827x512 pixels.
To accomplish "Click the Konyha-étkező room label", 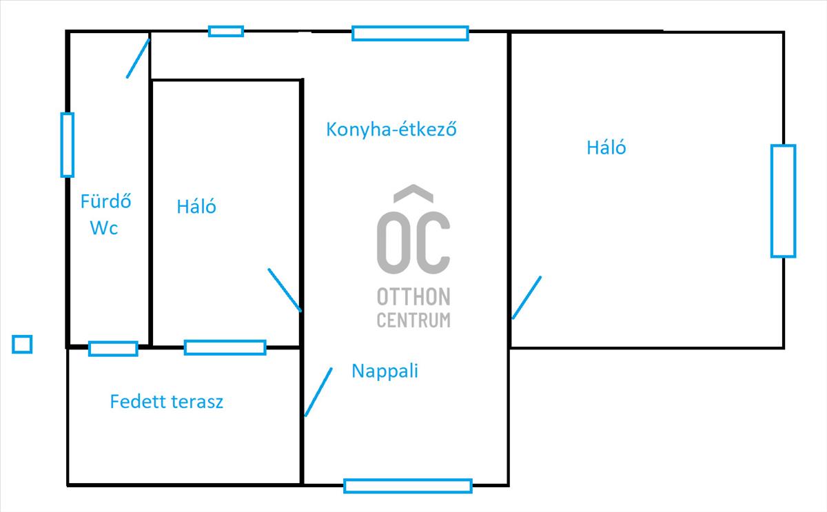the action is pos(391,130).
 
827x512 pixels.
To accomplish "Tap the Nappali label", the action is pos(385,371).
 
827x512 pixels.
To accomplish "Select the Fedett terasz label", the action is pos(167,402).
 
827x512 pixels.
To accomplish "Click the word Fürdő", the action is pos(106,201).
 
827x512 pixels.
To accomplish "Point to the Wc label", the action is pos(104,227).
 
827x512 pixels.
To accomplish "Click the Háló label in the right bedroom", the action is pos(606,147).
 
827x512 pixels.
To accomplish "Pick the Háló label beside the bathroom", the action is pos(196,206).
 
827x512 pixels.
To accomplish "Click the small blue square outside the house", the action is pos(22,344).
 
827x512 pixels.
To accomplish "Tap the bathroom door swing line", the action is pos(138,59).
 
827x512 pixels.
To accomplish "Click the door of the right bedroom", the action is pos(527,298).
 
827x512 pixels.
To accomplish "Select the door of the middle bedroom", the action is pos(285,290).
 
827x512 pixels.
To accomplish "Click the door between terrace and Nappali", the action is pos(318,392).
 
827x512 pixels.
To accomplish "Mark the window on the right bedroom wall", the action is pos(783,201).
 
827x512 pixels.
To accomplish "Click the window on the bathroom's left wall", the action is pos(68,145).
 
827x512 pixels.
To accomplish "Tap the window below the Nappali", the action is pos(408,486).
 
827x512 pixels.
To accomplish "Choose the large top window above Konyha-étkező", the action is pos(410,33).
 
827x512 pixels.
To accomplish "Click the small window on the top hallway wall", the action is pos(226,31).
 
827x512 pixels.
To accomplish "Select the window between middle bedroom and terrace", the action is pos(225,348).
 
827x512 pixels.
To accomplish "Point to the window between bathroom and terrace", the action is pos(113,349).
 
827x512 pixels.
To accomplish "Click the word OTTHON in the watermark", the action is pos(413,297).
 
